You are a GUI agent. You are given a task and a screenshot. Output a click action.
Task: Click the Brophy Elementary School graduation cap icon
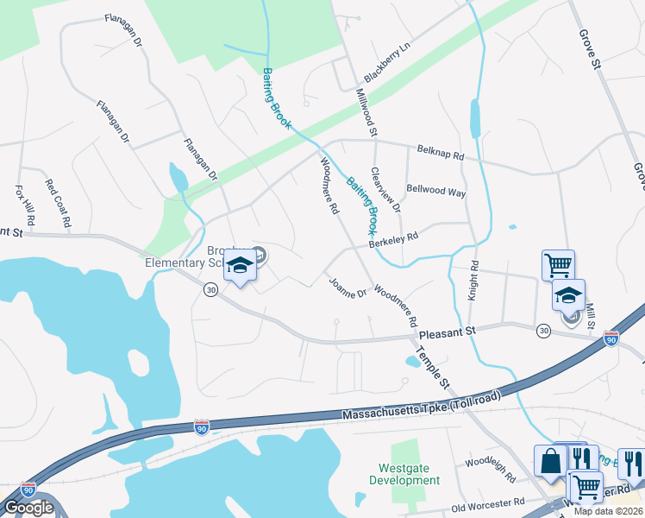point(241,265)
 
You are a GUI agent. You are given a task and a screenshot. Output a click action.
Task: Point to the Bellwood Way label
point(435,192)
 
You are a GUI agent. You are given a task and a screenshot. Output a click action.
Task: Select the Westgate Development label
point(404,474)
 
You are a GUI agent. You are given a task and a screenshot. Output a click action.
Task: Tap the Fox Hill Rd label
point(24,205)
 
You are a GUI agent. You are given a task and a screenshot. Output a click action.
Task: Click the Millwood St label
point(366,112)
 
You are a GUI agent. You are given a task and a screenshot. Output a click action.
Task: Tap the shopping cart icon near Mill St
point(558,265)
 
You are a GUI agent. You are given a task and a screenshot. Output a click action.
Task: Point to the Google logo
point(28,508)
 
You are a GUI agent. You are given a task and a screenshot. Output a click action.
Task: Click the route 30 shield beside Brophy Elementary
point(210,291)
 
